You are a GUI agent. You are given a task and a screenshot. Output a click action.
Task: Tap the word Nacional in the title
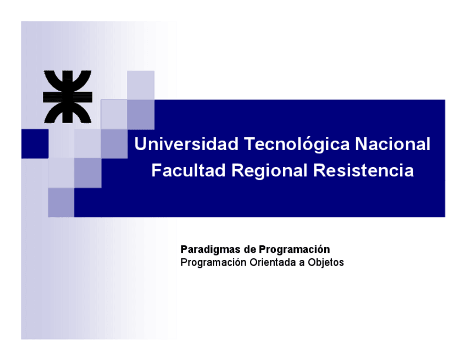[392, 144]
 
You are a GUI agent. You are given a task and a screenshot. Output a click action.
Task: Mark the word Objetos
[326, 263]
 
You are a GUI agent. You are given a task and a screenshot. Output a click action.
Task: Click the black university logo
[68, 96]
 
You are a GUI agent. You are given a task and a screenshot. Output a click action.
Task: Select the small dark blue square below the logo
[35, 144]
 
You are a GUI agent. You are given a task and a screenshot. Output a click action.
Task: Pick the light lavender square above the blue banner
[141, 85]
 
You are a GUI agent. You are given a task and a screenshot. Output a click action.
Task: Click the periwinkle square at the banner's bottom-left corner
[61, 202]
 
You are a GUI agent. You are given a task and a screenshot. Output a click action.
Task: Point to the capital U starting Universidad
[141, 144]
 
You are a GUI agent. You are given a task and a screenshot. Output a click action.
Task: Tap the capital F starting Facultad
[156, 170]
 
